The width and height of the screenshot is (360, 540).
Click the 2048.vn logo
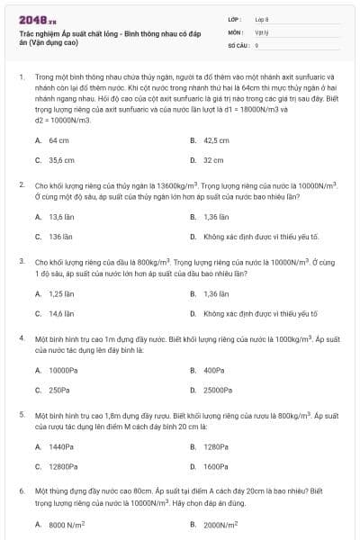pyautogui.click(x=31, y=19)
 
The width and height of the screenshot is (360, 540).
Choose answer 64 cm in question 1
pyautogui.click(x=58, y=141)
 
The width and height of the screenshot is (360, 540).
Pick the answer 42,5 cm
pyautogui.click(x=216, y=141)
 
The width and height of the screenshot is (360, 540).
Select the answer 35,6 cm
pyautogui.click(x=61, y=160)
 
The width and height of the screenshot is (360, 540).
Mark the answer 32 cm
pyautogui.click(x=212, y=160)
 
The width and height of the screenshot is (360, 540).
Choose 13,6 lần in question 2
pyautogui.click(x=61, y=217)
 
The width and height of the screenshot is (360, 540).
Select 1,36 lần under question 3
pyautogui.click(x=217, y=293)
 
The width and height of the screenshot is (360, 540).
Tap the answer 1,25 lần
pyautogui.click(x=61, y=293)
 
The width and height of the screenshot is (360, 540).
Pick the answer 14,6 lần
pyautogui.click(x=61, y=313)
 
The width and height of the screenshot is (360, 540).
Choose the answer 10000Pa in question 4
pyautogui.click(x=62, y=370)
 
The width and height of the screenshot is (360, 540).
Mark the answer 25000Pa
pyautogui.click(x=217, y=390)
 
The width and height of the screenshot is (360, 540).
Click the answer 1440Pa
pyautogui.click(x=61, y=446)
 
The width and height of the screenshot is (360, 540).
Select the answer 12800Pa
pyautogui.click(x=63, y=466)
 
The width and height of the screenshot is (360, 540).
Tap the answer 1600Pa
pyautogui.click(x=215, y=466)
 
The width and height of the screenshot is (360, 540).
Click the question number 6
pyautogui.click(x=21, y=492)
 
